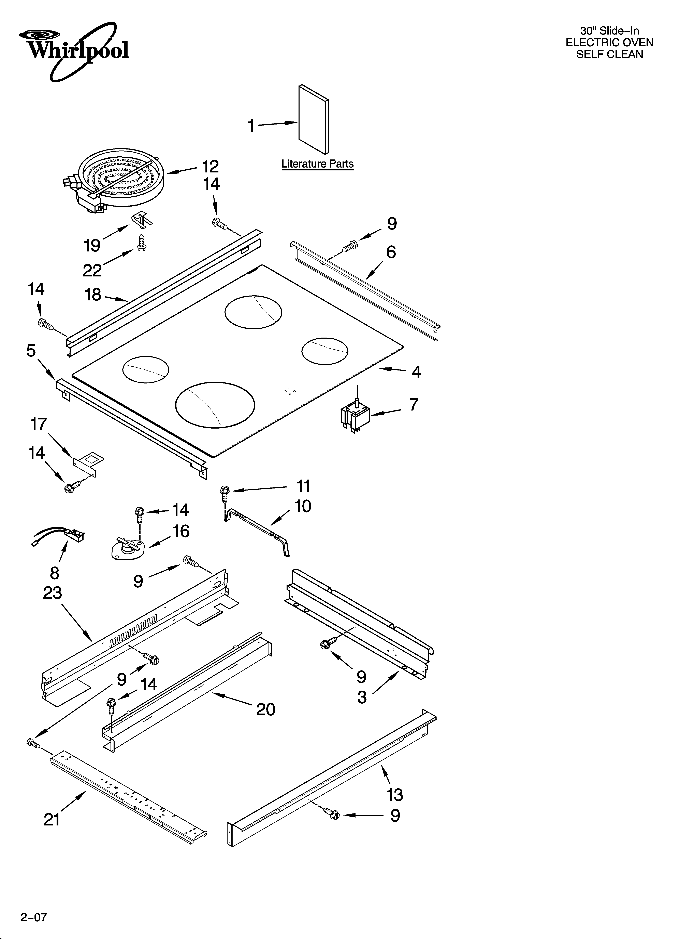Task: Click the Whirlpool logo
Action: (74, 50)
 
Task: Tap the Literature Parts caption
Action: (317, 164)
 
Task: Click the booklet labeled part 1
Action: (313, 119)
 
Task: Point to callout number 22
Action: (92, 271)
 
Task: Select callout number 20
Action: (265, 710)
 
